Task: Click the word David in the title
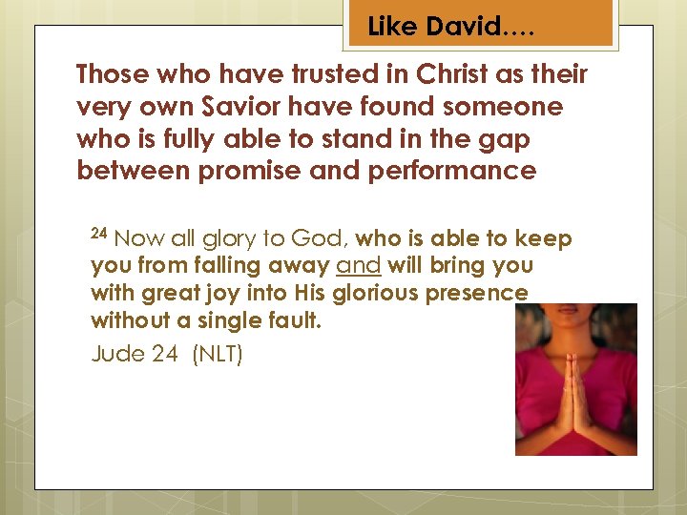pyautogui.click(x=463, y=28)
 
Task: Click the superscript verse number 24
pyautogui.click(x=100, y=234)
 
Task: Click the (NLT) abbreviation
pyautogui.click(x=218, y=355)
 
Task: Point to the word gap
pyautogui.click(x=508, y=138)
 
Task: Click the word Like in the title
pyautogui.click(x=391, y=28)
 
